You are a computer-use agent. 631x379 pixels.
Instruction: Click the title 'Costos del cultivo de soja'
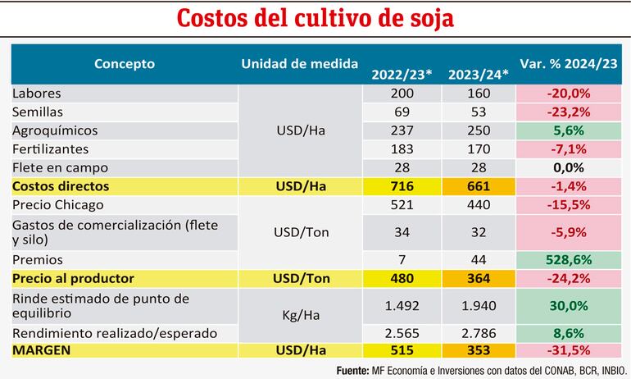click(315, 18)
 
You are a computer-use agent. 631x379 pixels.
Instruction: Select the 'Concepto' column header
click(124, 63)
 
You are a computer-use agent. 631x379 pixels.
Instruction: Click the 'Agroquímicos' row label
click(54, 130)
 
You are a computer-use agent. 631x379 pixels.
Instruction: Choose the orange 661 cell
click(478, 186)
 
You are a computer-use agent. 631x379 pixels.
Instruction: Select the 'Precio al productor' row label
click(73, 277)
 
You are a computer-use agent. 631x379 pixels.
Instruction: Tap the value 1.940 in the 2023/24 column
click(478, 305)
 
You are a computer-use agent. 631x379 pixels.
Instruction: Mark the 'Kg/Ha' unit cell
click(299, 314)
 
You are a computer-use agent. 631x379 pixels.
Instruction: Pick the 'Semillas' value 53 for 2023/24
click(478, 112)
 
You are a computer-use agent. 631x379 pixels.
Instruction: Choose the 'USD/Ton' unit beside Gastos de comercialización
click(299, 232)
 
